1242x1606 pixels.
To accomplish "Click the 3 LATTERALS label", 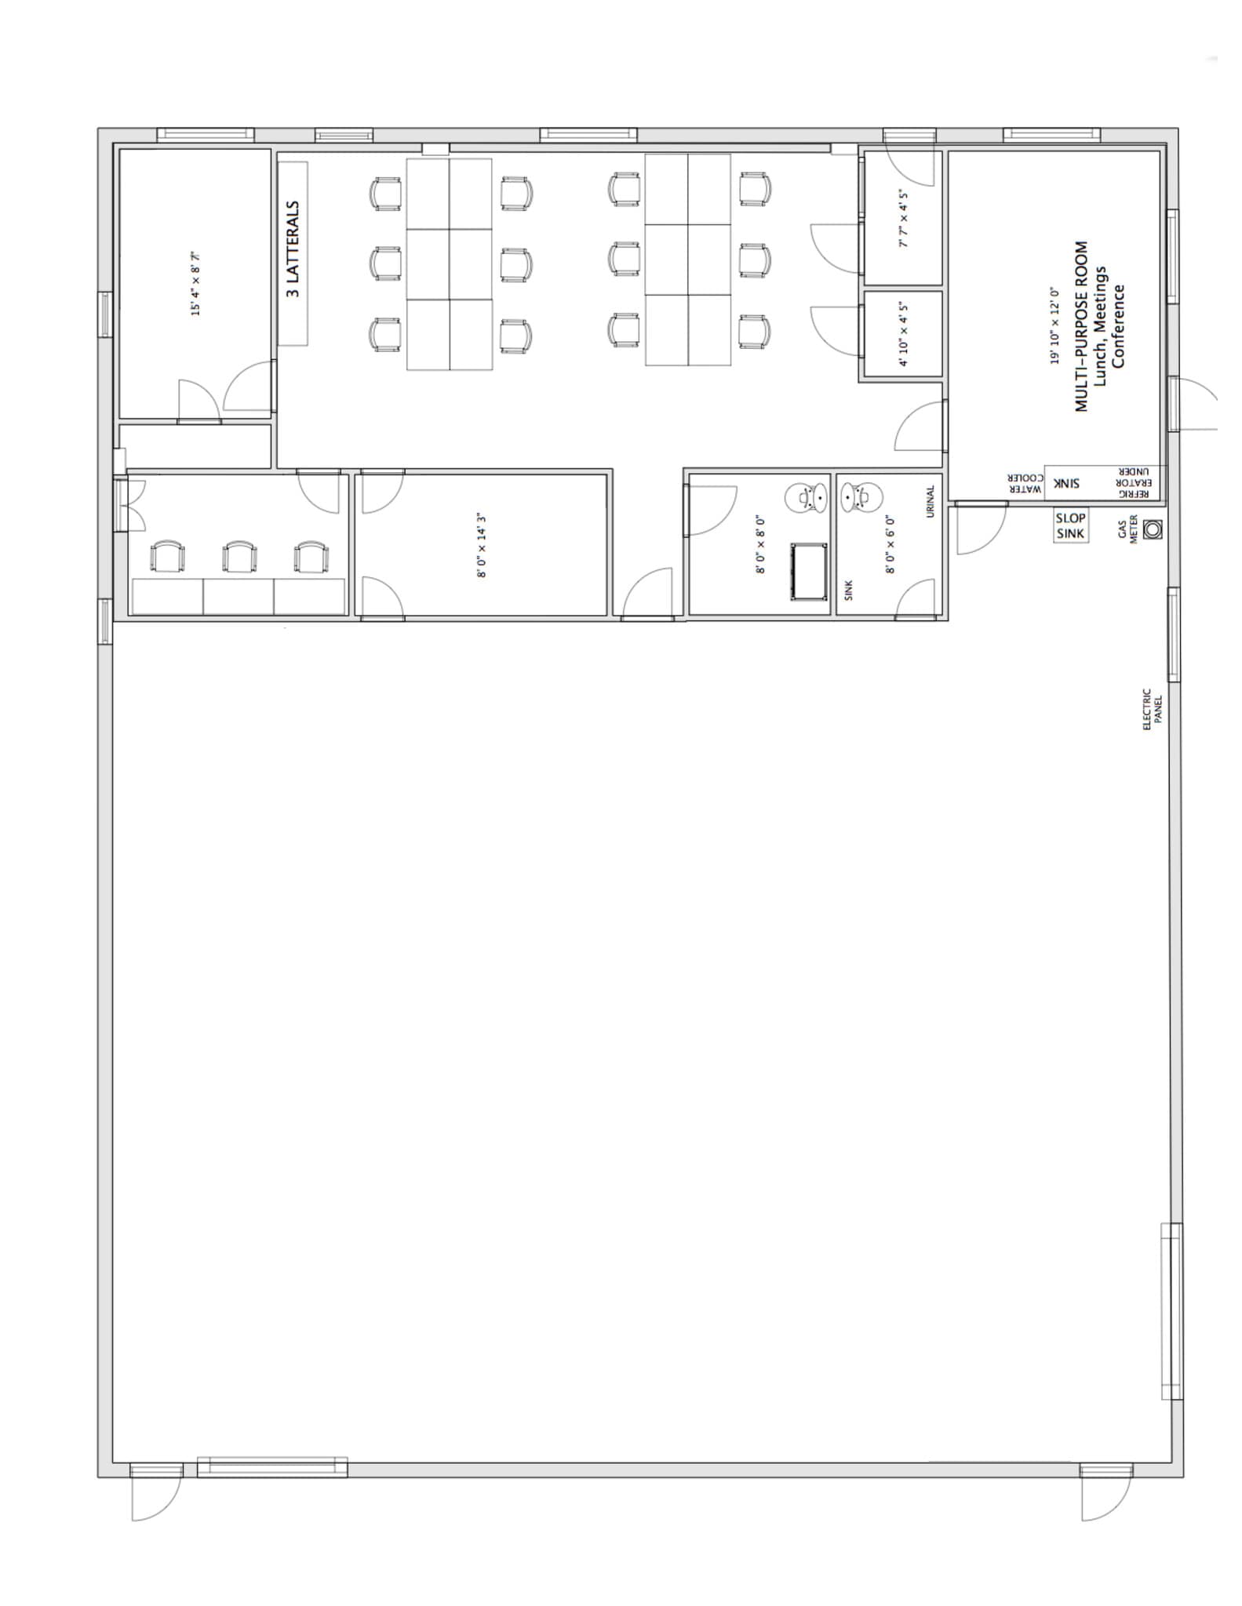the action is click(293, 249).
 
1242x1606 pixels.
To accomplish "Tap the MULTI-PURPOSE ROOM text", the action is click(1082, 326).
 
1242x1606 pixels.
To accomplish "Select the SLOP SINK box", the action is click(1070, 525).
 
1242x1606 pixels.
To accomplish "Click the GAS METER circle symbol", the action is click(1152, 530).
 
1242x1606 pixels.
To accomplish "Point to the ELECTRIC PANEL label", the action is click(1152, 710).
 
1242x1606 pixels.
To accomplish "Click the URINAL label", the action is click(931, 501).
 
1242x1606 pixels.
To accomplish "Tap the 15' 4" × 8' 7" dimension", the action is click(196, 283).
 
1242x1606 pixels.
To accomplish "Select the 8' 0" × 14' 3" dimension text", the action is click(482, 545).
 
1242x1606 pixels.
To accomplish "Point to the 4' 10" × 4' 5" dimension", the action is click(903, 334).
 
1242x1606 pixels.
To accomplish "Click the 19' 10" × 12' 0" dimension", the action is click(1055, 325).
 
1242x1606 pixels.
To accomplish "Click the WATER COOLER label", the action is click(1025, 483).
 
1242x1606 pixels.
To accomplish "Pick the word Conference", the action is click(1119, 326).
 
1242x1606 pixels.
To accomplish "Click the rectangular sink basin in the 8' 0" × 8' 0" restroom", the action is click(808, 572).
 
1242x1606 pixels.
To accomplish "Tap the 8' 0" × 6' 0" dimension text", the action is click(891, 544).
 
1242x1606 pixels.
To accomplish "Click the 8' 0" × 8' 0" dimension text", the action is click(760, 544).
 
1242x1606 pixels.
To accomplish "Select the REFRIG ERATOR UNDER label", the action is click(1132, 483).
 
